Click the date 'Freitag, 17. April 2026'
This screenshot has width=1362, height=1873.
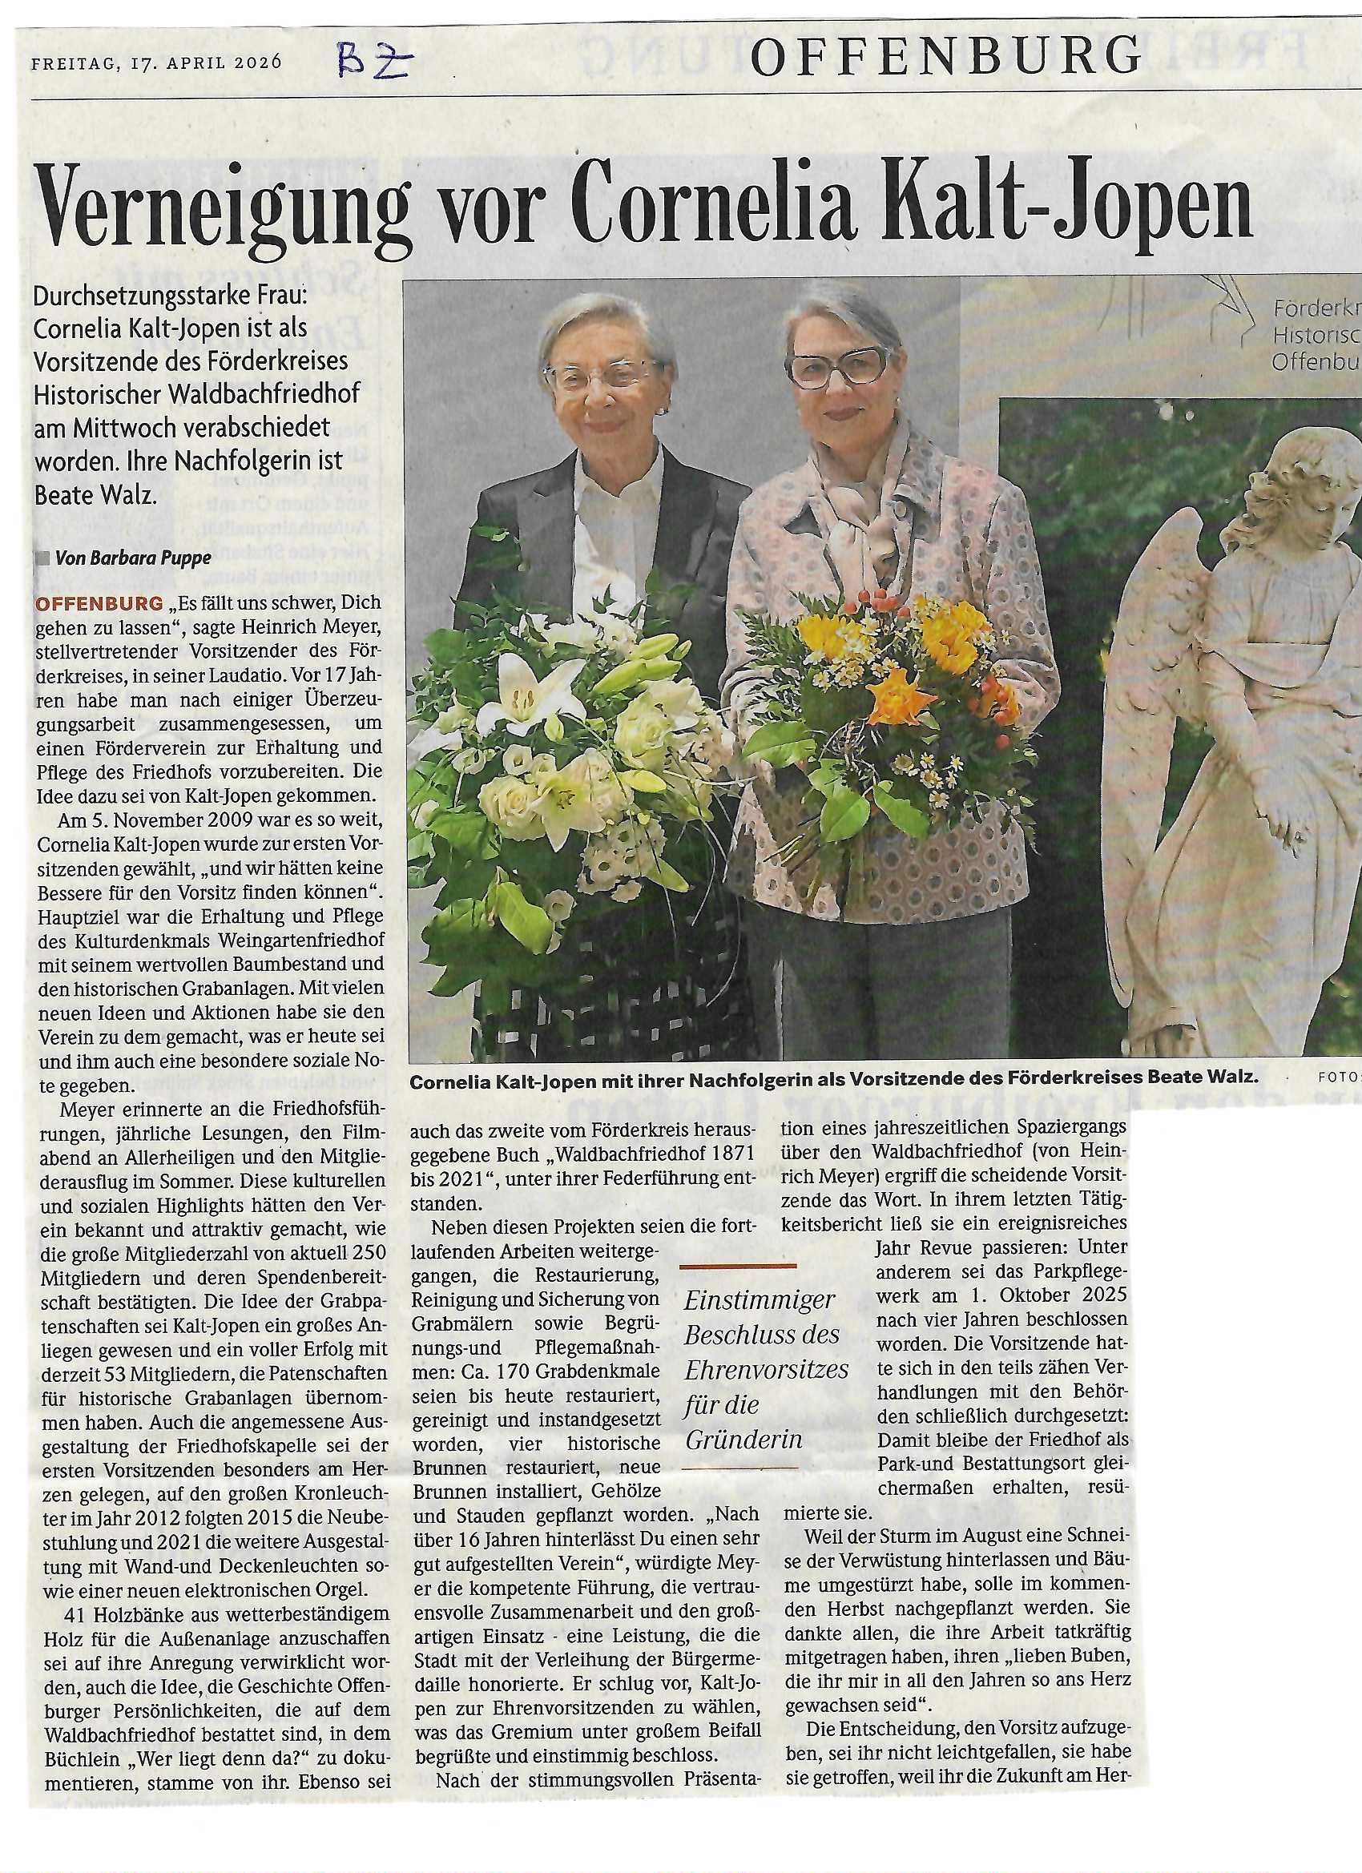tap(157, 62)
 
